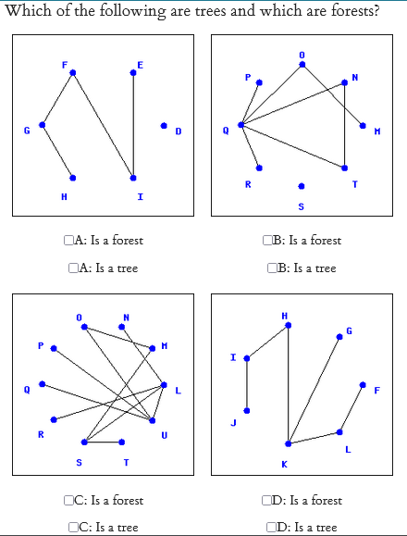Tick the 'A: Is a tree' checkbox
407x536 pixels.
[x=73, y=268]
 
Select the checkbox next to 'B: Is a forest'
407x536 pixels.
[x=269, y=241]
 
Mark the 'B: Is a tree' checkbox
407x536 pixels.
[x=271, y=268]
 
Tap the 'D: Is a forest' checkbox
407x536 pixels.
[x=269, y=501]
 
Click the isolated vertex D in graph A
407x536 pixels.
[x=164, y=125]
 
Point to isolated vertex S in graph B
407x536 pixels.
[x=300, y=186]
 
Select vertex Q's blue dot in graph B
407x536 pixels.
[x=240, y=125]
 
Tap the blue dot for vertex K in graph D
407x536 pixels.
[x=288, y=444]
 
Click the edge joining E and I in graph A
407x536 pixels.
[x=133, y=125]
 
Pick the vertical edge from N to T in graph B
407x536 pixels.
[x=345, y=125]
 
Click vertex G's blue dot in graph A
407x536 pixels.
[x=42, y=125]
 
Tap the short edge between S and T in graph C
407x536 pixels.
[x=103, y=442]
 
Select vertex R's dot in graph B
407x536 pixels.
[x=259, y=168]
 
